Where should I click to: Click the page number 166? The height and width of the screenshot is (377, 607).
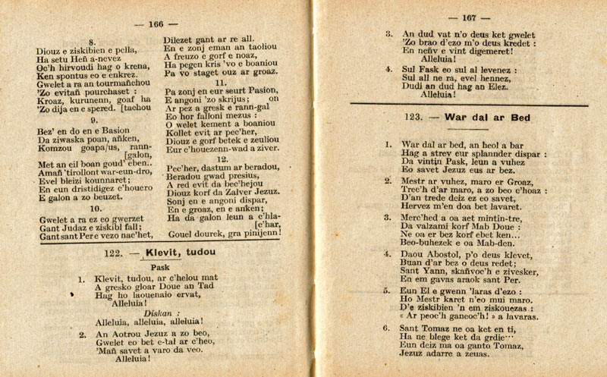tap(158, 24)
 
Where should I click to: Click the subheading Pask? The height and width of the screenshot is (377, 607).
tap(161, 267)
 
